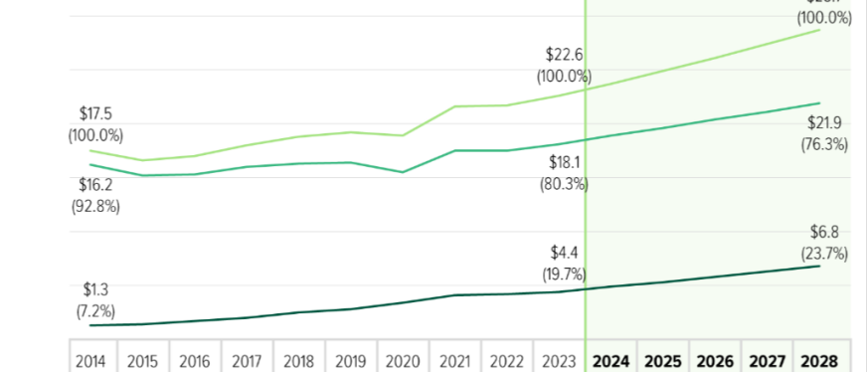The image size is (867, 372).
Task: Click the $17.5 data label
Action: [x=95, y=114]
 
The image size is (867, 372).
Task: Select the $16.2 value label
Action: [x=95, y=185]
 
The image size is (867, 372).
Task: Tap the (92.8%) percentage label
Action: [x=95, y=207]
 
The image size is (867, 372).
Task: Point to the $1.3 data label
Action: [x=95, y=289]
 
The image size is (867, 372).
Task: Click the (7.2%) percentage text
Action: [x=95, y=310]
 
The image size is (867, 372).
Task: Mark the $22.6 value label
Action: [x=564, y=54]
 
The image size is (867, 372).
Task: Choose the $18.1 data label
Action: [x=564, y=162]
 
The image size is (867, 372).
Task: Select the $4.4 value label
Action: [x=564, y=253]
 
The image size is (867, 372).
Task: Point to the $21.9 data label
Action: [x=823, y=122]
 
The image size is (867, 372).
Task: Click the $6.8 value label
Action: [x=823, y=232]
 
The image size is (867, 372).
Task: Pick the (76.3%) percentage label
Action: [x=823, y=144]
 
